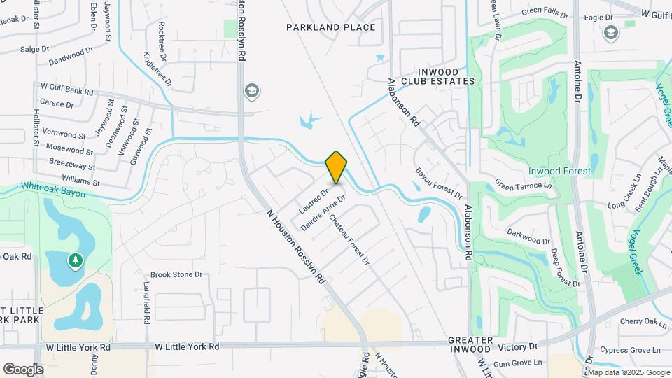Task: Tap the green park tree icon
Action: (75, 261)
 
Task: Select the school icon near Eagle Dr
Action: (611, 34)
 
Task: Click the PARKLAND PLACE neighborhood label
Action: (331, 27)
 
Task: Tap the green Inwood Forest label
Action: (559, 171)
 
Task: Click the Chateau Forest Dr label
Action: (349, 239)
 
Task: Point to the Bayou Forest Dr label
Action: (438, 183)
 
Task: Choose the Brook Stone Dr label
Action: (176, 275)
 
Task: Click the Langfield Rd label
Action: (146, 303)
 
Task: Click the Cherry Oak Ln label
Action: (643, 322)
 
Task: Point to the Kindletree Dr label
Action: (157, 68)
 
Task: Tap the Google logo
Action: (23, 370)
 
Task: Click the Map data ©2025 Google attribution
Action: (629, 372)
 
